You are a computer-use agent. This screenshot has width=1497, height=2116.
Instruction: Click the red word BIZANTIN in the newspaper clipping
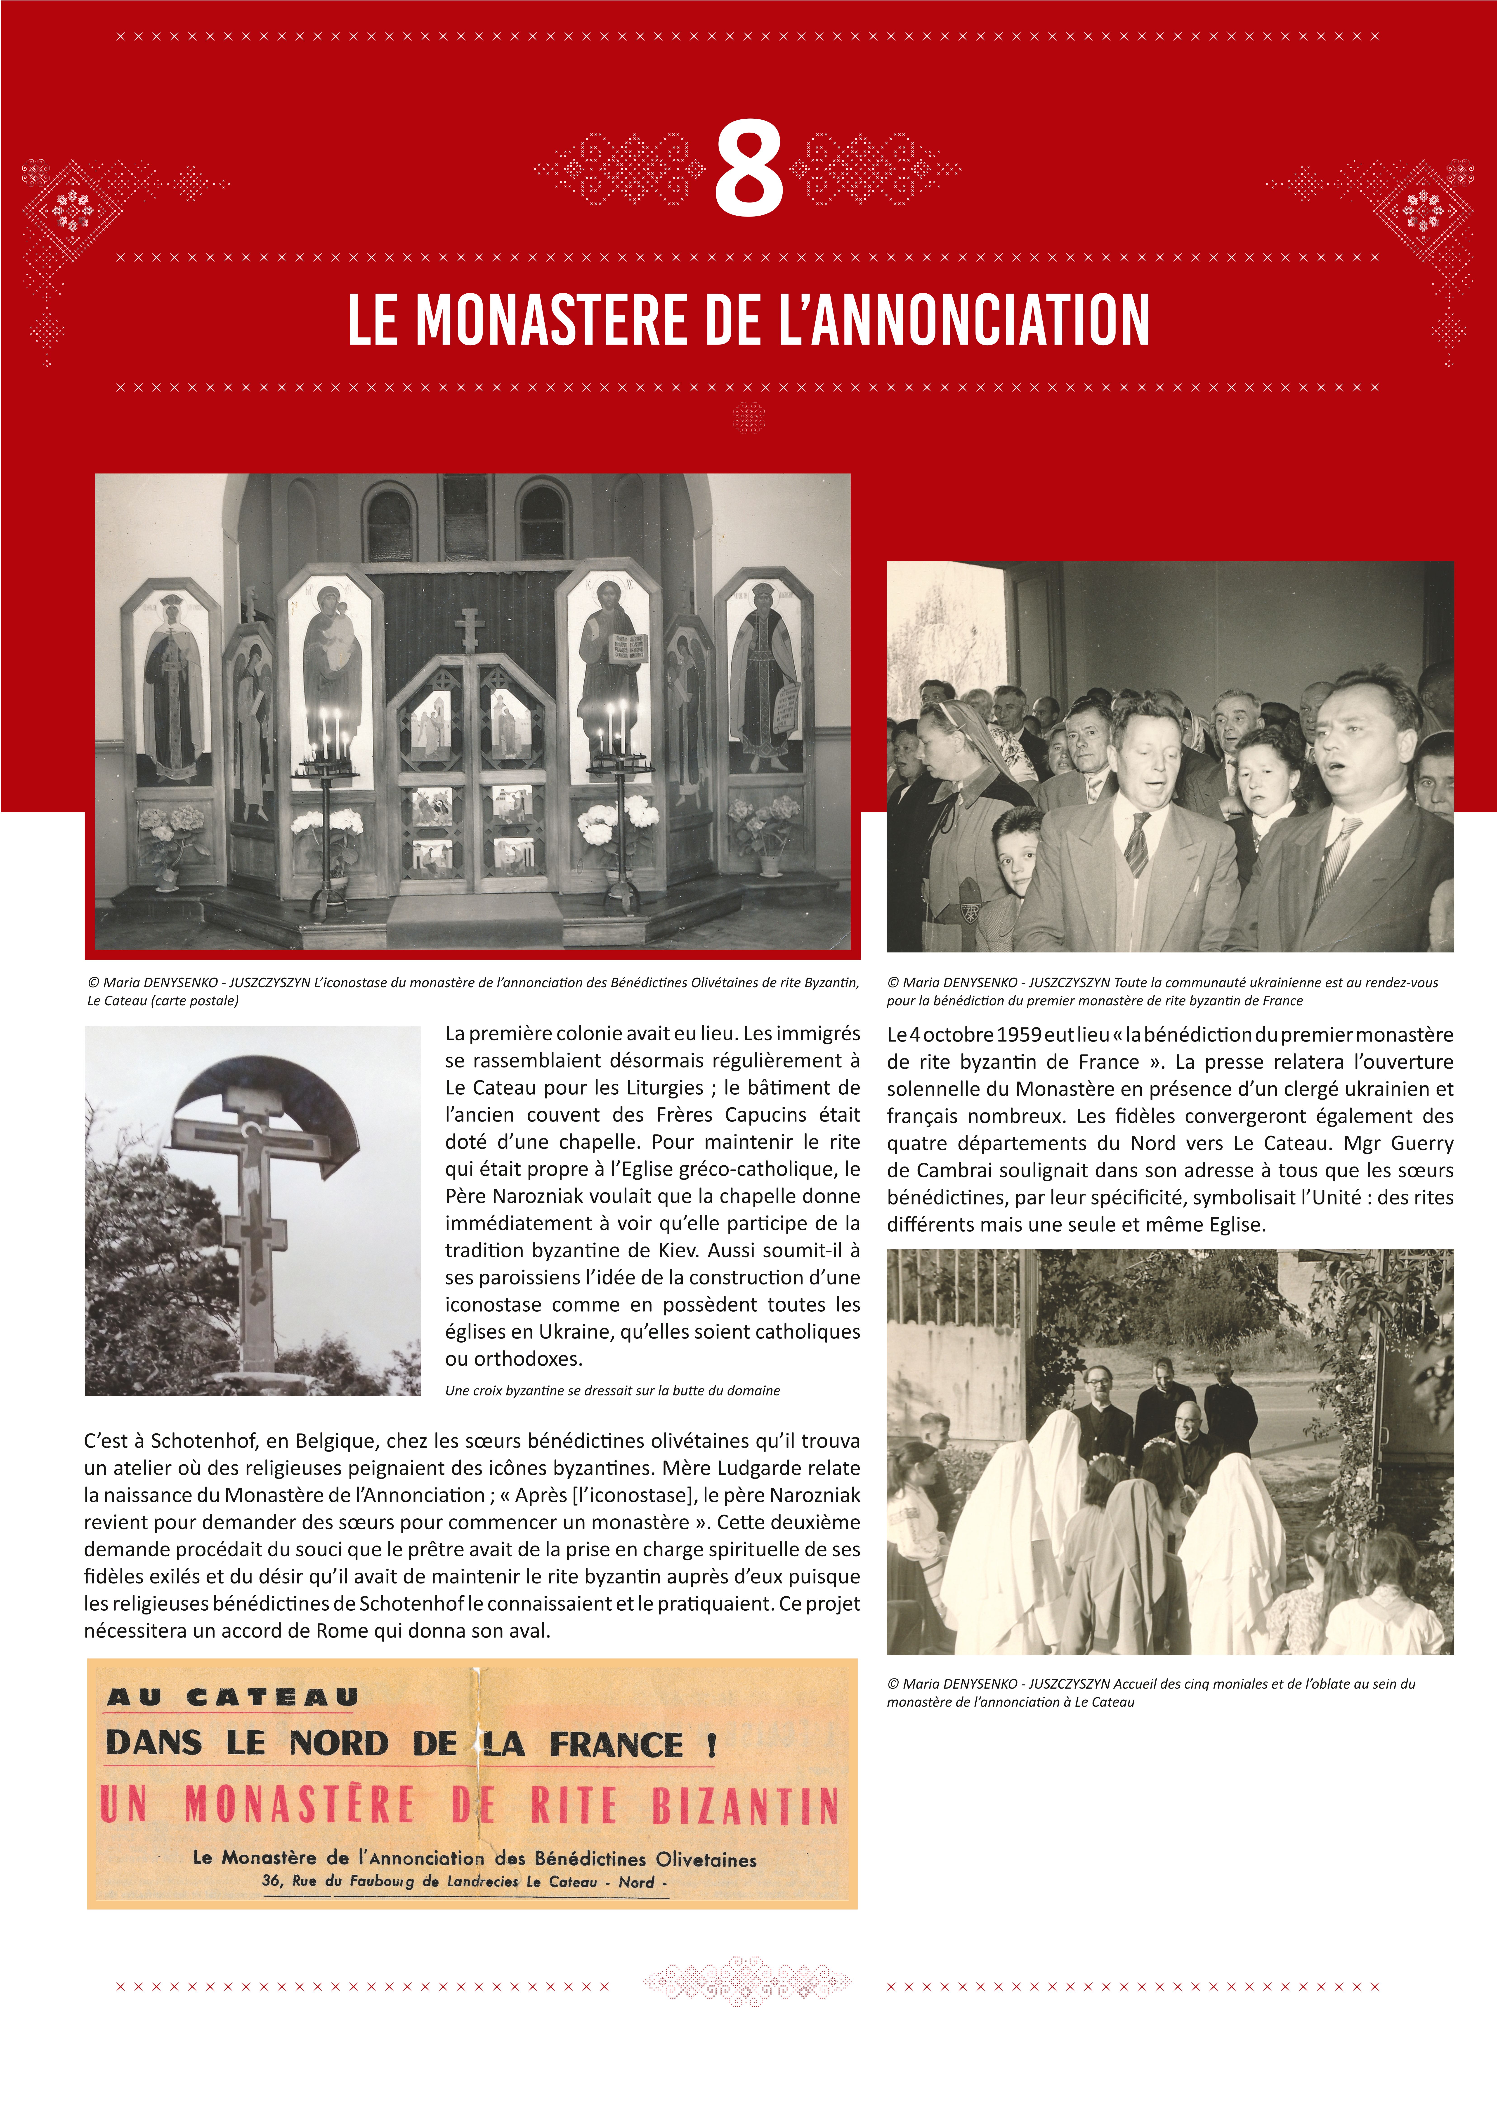[745, 1805]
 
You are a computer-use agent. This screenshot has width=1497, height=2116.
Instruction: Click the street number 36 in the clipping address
[272, 1881]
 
